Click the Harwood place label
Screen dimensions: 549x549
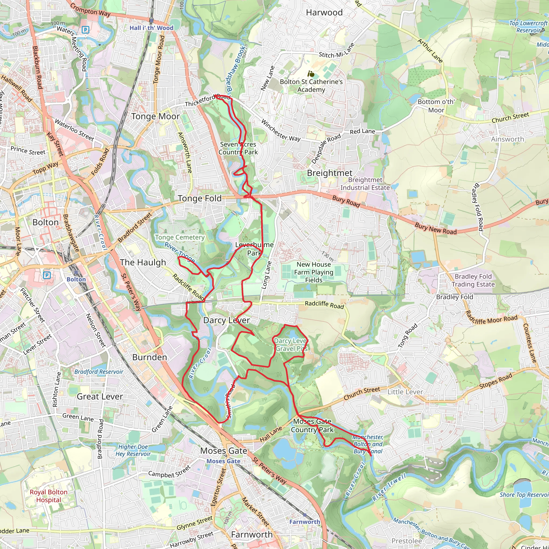[324, 13]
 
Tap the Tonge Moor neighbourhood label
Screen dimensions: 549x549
[155, 116]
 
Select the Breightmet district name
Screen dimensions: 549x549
[330, 173]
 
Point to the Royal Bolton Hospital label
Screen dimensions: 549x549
[49, 496]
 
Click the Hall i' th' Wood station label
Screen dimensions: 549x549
[151, 28]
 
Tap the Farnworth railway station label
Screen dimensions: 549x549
[305, 522]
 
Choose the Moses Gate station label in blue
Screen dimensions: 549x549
[223, 461]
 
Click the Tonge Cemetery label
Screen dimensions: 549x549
[180, 237]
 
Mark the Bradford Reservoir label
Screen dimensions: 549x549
[99, 372]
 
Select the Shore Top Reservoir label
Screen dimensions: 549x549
[524, 495]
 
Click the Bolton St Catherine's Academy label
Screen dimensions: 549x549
[311, 86]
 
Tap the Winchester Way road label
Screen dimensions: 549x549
[281, 131]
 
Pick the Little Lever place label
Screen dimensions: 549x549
[405, 392]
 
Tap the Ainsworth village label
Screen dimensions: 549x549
[507, 139]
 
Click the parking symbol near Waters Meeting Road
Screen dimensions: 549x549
[85, 29]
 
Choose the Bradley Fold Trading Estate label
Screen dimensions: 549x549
[473, 280]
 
